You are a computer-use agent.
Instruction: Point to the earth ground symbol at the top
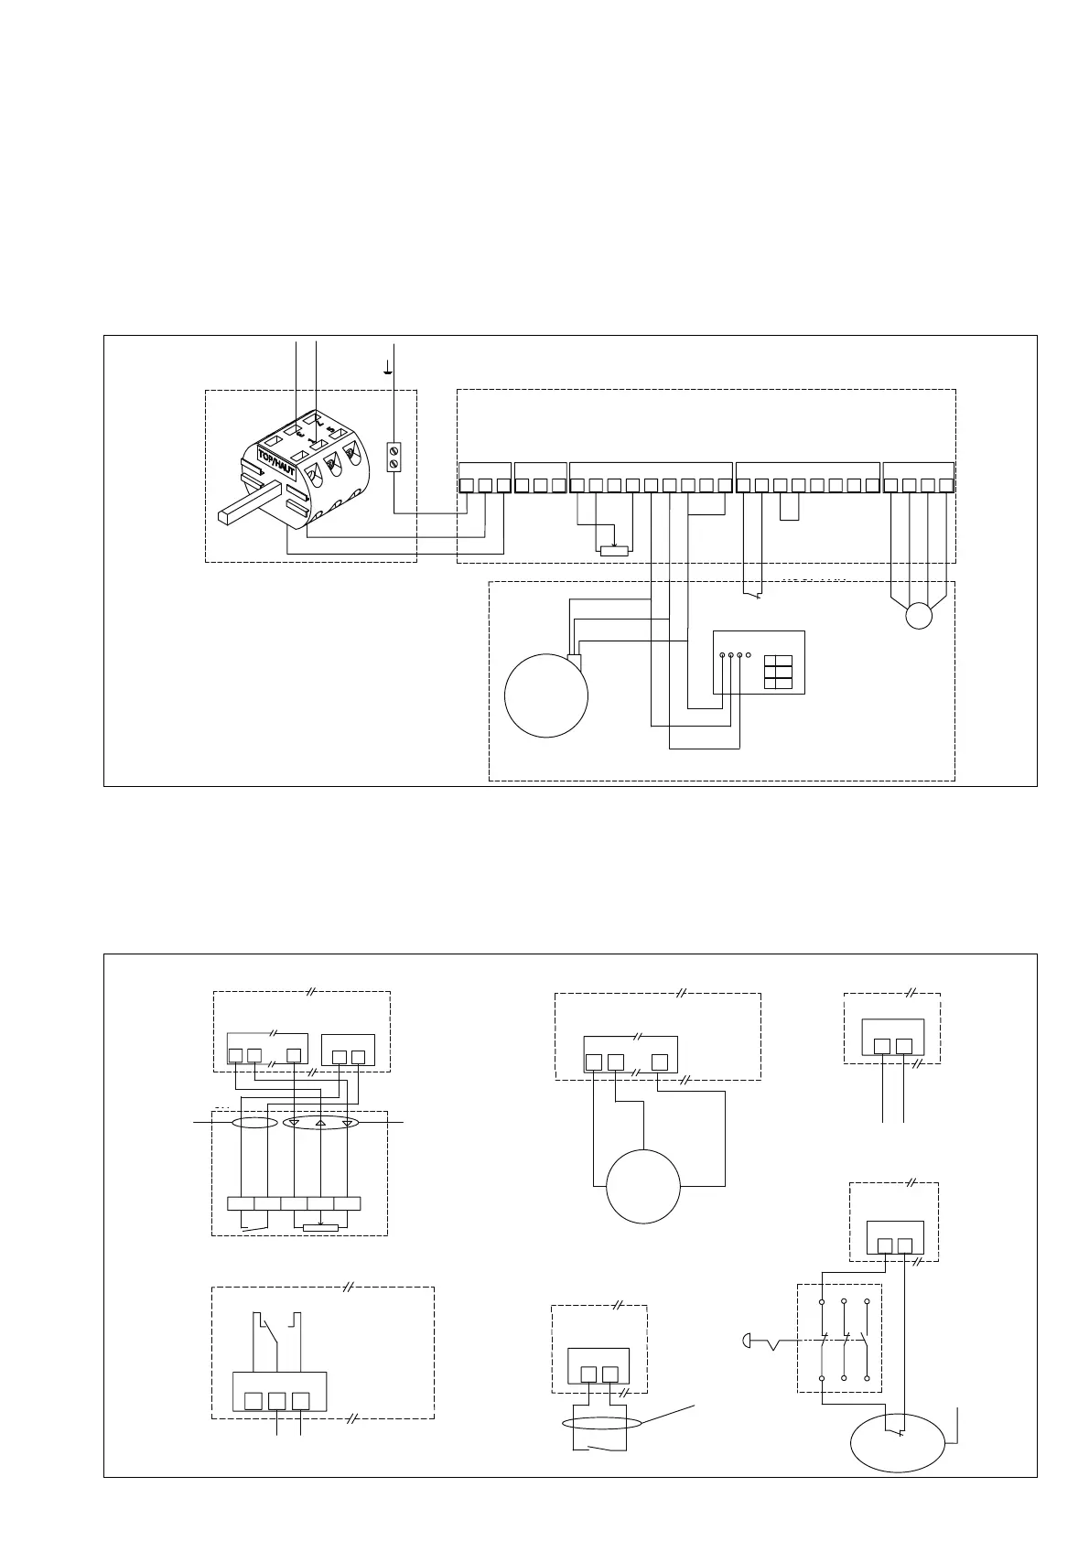[x=389, y=371]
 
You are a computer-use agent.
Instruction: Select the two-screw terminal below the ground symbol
[x=394, y=457]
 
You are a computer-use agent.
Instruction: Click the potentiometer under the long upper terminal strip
[x=613, y=550]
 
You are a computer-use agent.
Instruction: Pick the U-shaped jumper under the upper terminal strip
[x=790, y=508]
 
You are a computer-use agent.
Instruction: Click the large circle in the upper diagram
[x=546, y=695]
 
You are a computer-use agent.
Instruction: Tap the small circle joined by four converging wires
[x=918, y=616]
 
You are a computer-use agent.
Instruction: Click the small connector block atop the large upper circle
[x=575, y=662]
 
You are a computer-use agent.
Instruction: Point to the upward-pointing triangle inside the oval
[x=320, y=1123]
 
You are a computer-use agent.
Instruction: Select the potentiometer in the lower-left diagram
[x=320, y=1227]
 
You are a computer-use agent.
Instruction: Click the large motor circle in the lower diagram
[x=643, y=1186]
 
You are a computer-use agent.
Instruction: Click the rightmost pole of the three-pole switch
[x=866, y=1339]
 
